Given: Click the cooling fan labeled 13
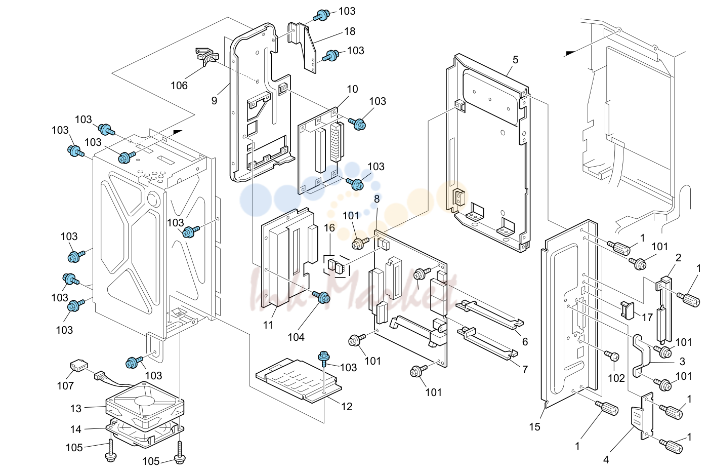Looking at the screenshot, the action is point(145,406).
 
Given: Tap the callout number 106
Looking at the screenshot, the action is point(179,85).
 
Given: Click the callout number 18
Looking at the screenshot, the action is point(350,31).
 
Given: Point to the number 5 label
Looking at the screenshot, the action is point(515,60).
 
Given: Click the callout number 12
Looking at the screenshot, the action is point(347,406).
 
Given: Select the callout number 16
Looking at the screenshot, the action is point(329,228).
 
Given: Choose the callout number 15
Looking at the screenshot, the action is point(534,426).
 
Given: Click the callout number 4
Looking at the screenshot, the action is point(606,460).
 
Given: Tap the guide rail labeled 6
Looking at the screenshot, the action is point(489,315).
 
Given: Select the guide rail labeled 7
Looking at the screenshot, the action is point(487,344).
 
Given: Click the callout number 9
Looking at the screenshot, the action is point(214,101).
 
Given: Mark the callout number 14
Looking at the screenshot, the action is point(76,429).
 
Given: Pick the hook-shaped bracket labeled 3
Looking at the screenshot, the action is point(641,356).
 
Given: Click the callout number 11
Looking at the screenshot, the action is point(268,325).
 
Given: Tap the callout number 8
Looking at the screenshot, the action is point(377,199).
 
